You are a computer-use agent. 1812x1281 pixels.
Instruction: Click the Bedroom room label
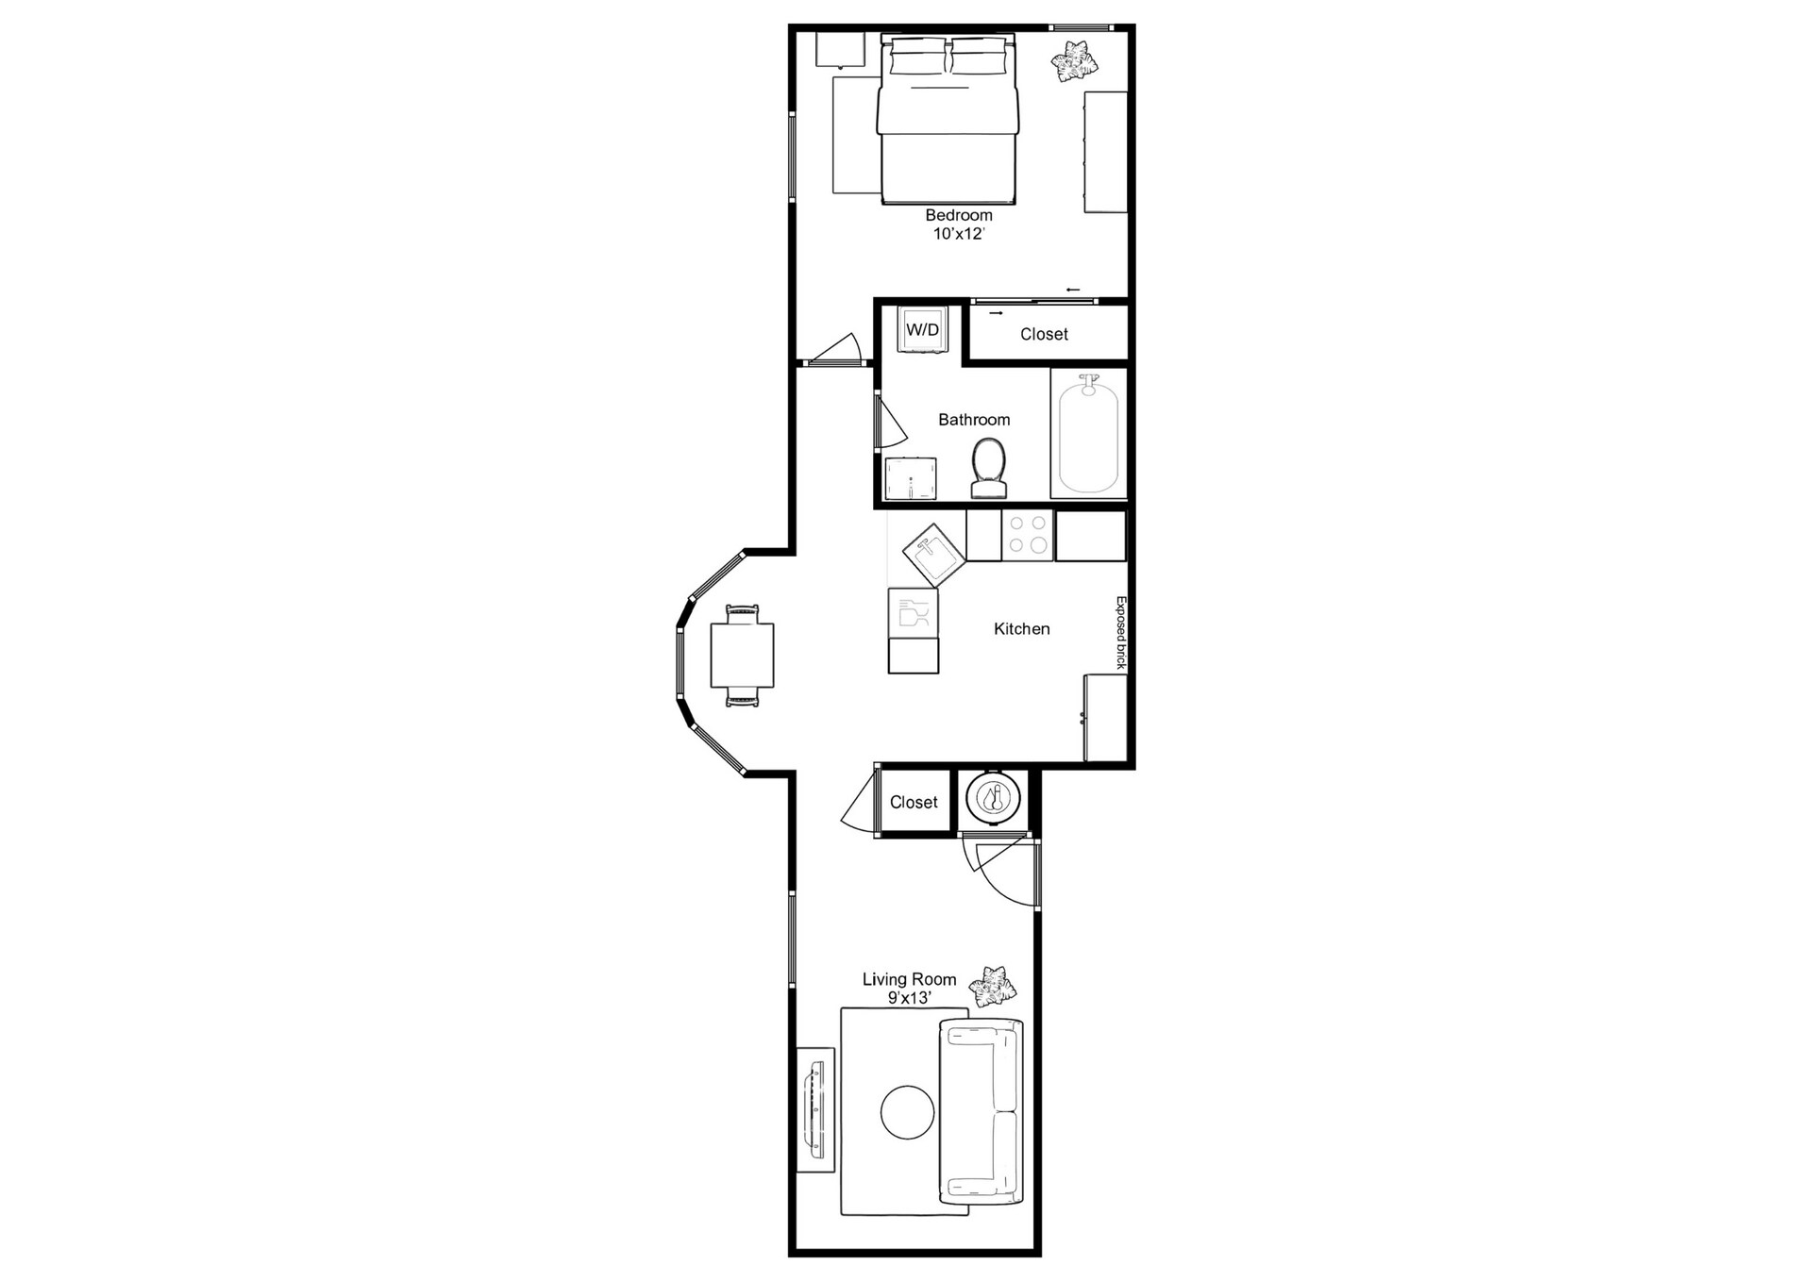958,215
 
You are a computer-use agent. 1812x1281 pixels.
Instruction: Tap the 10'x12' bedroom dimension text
958,234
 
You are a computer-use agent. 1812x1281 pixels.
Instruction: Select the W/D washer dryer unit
922,330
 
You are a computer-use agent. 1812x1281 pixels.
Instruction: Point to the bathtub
1088,436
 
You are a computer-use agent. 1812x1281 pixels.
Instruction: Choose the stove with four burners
1028,536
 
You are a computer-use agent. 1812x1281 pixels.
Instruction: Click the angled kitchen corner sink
934,556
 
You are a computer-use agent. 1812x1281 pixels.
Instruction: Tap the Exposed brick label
1121,633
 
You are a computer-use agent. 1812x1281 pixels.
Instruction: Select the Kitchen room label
1021,629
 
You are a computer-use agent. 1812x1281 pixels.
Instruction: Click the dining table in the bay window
742,656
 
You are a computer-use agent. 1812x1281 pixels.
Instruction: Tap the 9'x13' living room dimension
909,998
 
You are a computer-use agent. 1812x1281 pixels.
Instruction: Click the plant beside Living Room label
995,988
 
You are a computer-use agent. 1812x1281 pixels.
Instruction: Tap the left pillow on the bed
916,59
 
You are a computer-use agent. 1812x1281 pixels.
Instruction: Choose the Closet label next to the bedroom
1044,335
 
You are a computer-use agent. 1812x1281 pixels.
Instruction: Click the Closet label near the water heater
914,803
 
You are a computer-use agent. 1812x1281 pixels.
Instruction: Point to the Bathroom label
974,420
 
